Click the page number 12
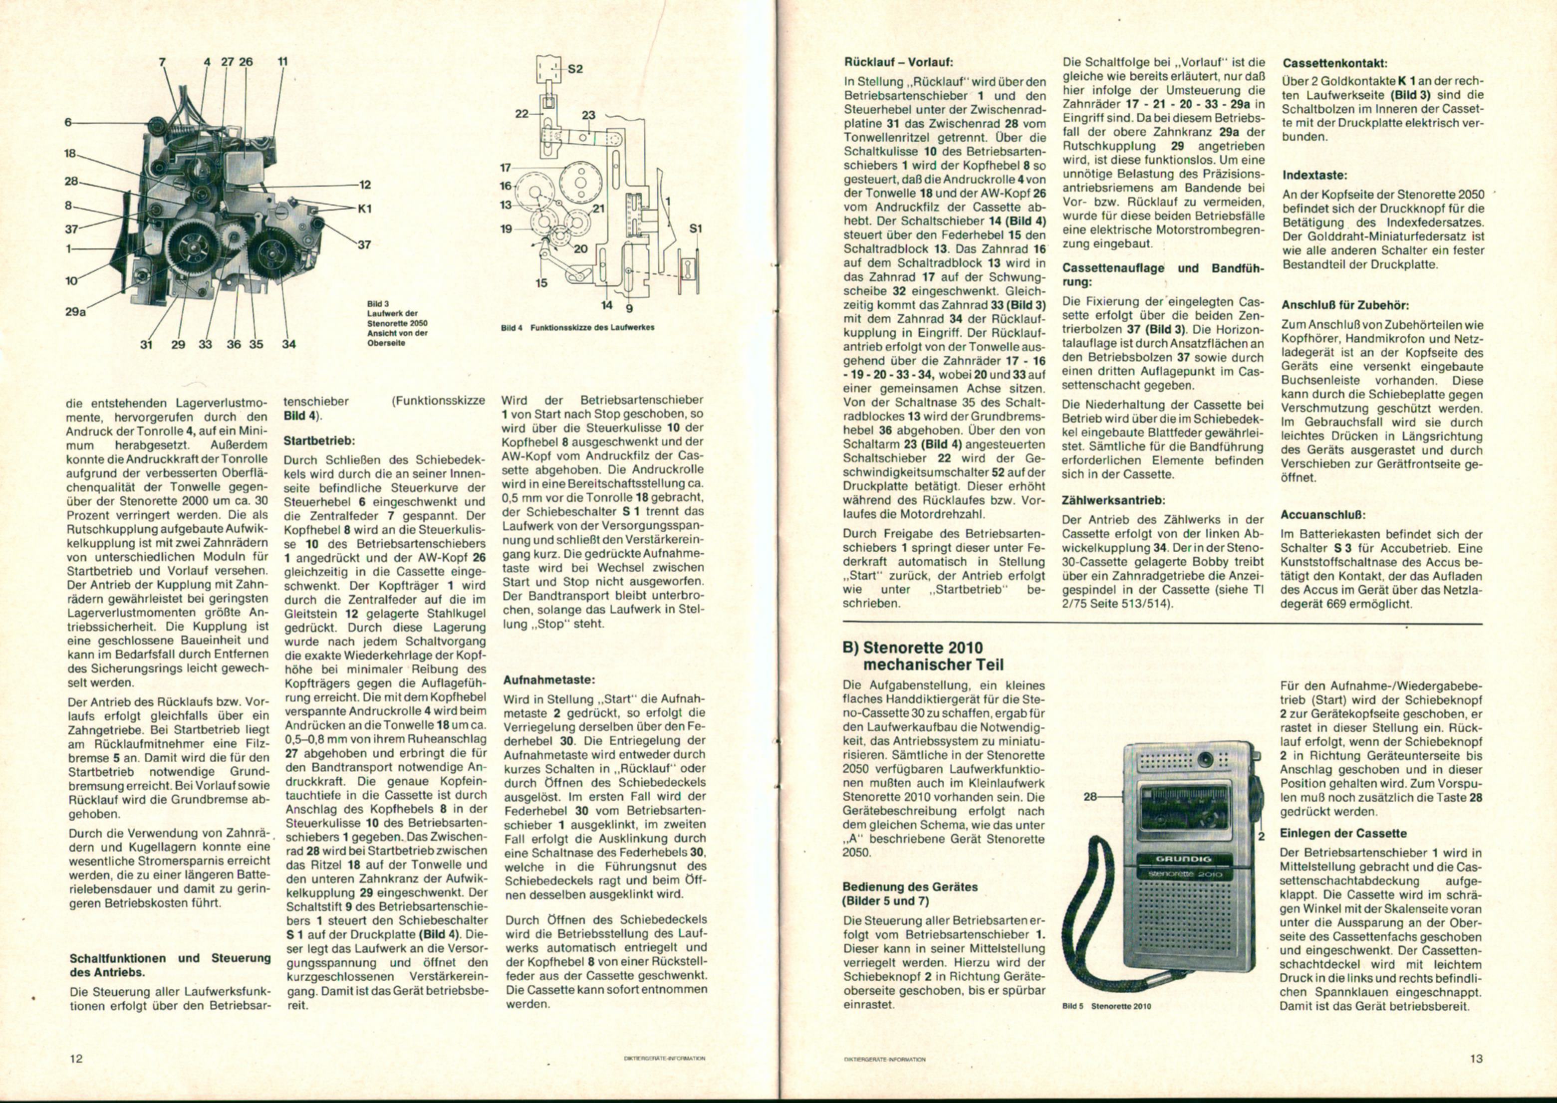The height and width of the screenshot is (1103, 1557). (75, 1058)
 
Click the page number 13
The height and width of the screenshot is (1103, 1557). (1476, 1058)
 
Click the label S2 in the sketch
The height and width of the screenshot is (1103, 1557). (575, 69)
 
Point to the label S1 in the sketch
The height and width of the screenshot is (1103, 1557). (695, 229)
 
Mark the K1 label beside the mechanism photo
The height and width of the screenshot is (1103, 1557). (365, 209)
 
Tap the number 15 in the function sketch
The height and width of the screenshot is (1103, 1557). (541, 282)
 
